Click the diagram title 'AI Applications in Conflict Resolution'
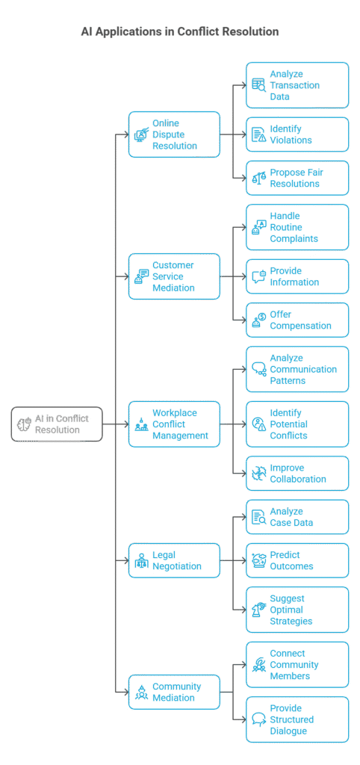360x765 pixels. [x=180, y=31]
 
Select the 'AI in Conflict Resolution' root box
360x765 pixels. [x=57, y=424]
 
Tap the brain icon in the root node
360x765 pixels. [x=24, y=424]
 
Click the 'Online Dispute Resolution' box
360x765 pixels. [x=174, y=134]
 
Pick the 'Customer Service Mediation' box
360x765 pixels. [x=174, y=276]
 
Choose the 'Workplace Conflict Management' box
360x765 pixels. [x=174, y=424]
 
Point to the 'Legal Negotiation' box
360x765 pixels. [x=174, y=560]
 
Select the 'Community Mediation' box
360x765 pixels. [x=174, y=692]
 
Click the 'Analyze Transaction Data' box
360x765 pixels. [x=297, y=85]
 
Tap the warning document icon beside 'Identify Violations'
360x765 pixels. [x=258, y=134]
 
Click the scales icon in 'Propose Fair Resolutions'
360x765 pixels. [x=258, y=178]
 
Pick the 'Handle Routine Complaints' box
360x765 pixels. [x=297, y=227]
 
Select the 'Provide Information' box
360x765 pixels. [x=297, y=276]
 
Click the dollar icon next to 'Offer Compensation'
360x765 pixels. [x=258, y=320]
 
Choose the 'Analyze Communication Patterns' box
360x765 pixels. [x=297, y=369]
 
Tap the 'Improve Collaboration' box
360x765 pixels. [x=297, y=473]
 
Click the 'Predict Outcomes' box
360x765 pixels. [x=297, y=560]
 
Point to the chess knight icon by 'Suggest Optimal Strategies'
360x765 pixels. [x=258, y=610]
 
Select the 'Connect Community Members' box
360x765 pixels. [x=297, y=664]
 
